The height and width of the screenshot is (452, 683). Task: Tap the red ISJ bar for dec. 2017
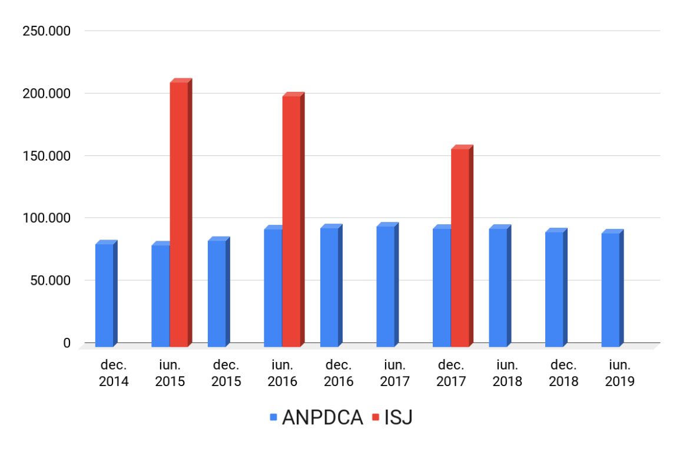[460, 247]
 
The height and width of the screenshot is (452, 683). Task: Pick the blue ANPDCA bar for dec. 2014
[104, 294]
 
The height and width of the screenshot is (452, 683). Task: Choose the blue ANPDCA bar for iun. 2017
[386, 286]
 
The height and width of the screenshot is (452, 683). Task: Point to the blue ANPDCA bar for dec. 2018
[554, 289]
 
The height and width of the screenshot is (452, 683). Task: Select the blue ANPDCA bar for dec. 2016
[329, 287]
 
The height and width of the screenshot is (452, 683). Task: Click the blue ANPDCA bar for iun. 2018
[498, 287]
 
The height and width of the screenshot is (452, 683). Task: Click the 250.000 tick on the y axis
[47, 31]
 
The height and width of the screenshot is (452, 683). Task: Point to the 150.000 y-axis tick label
[47, 156]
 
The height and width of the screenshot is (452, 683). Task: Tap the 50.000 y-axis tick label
[49, 280]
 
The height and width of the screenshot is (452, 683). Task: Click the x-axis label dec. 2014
[114, 373]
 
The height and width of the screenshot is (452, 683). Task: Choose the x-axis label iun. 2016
[283, 373]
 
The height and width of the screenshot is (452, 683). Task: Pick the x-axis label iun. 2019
[620, 373]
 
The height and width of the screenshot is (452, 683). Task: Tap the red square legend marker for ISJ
[375, 418]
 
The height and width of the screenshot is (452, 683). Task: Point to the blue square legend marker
[273, 418]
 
